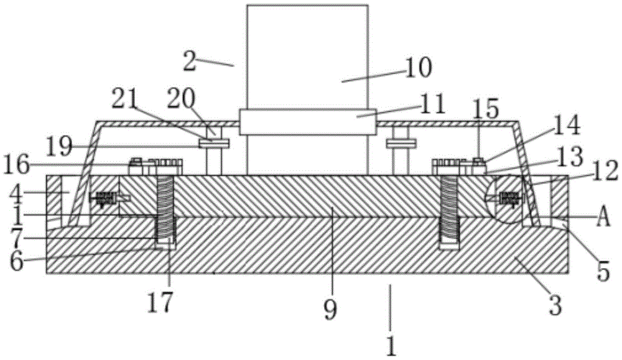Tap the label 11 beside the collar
[x=432, y=104]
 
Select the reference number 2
[x=190, y=61]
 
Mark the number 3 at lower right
[x=555, y=305]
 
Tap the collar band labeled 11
[x=308, y=122]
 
